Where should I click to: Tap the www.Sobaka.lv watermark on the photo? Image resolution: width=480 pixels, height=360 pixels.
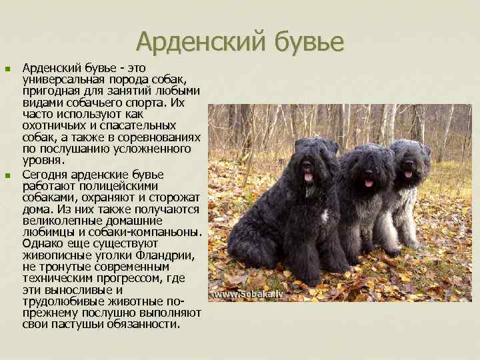(x=248, y=294)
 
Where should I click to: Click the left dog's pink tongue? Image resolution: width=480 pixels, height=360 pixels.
(x=307, y=177)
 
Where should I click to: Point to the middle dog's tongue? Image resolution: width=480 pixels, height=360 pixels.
(x=369, y=182)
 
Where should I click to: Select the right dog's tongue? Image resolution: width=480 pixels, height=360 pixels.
(x=407, y=174)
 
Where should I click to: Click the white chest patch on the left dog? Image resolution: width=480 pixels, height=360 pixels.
(x=325, y=217)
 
